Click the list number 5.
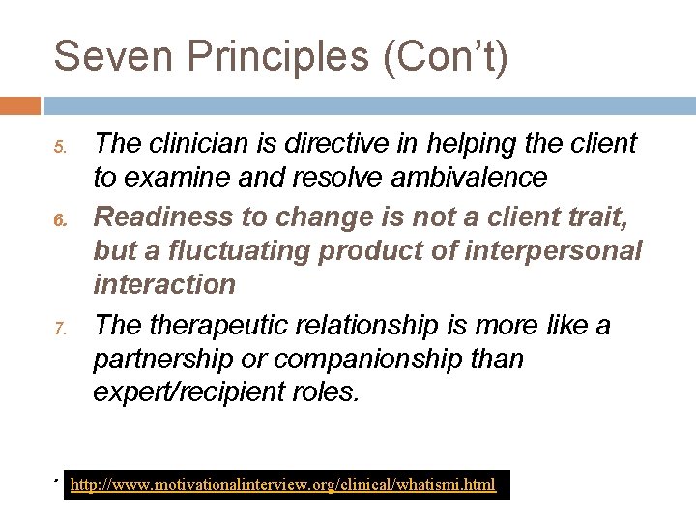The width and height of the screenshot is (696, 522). point(60,148)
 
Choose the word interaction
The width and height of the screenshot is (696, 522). point(164,285)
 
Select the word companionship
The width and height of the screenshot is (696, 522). point(371,359)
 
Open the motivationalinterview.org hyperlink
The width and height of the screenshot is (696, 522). point(284,484)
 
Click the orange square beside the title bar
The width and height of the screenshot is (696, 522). point(20,104)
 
